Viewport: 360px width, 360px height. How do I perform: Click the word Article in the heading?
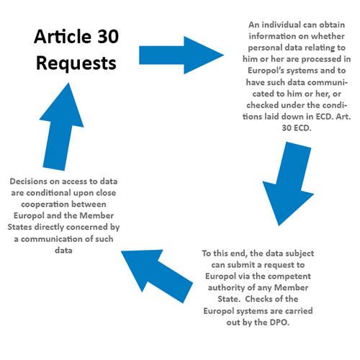click(63, 37)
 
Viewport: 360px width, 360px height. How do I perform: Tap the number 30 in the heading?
click(108, 37)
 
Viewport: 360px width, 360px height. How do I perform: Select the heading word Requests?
click(76, 63)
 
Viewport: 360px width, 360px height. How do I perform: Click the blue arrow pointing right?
click(181, 55)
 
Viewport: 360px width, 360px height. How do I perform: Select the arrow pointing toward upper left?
click(157, 276)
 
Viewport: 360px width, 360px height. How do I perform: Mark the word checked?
click(263, 105)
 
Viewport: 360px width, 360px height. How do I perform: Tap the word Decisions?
click(29, 181)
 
